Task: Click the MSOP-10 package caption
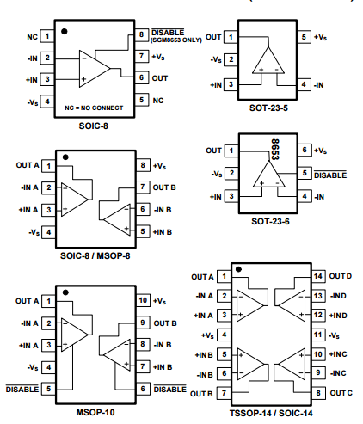pos(95,412)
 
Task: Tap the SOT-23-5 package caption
pos(268,108)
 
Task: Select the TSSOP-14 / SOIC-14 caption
pos(271,413)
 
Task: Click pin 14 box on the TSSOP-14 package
pos(318,276)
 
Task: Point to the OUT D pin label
pos(341,276)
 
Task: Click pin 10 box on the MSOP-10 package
pos(143,300)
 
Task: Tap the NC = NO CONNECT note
pos(94,108)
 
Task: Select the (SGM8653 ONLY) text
pos(176,40)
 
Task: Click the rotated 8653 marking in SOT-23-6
pos(275,150)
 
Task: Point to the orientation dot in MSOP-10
pos(65,292)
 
